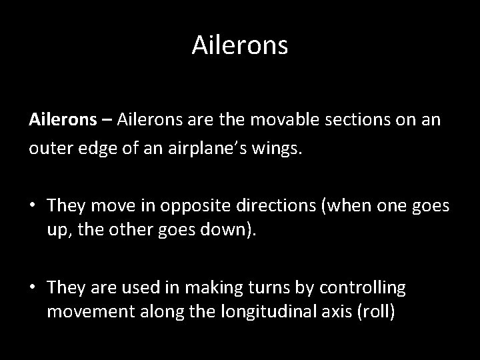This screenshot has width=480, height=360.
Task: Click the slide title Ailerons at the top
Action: [240, 45]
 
